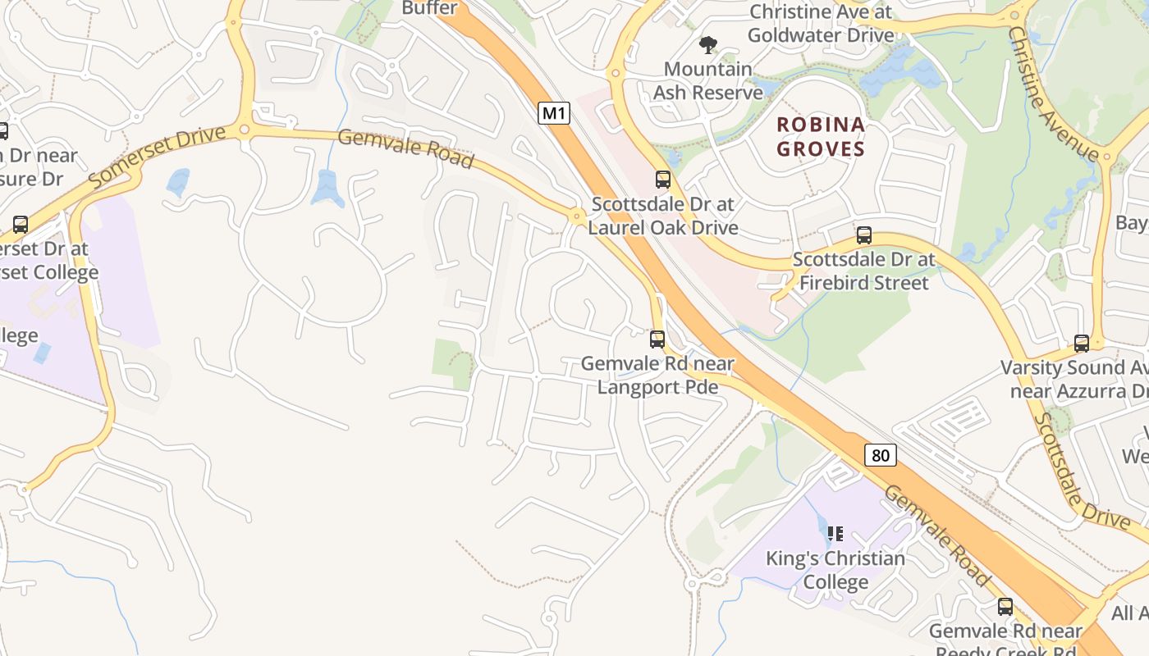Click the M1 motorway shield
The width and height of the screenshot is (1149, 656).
tap(554, 113)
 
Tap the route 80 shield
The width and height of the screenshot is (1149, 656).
tap(880, 454)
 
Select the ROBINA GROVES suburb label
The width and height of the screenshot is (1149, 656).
tap(821, 136)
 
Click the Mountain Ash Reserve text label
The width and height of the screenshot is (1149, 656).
tap(707, 80)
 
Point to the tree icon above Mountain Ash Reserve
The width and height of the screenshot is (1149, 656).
tap(707, 44)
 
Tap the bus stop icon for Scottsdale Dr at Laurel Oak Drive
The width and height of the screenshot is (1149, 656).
tap(662, 179)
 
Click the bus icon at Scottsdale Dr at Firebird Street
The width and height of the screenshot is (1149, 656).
tap(863, 235)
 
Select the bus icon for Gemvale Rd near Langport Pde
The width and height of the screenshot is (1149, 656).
tap(657, 339)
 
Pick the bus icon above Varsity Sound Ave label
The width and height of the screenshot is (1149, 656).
tap(1081, 344)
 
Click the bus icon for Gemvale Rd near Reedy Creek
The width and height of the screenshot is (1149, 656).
tap(1005, 607)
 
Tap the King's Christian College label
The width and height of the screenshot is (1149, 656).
tap(835, 570)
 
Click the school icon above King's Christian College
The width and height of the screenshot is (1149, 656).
tap(835, 534)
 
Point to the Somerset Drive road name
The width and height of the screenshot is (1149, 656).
tap(157, 156)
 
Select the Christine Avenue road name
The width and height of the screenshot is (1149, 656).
tap(1052, 93)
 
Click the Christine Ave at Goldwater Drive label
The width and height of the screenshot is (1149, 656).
tap(821, 23)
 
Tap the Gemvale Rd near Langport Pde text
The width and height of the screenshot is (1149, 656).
tap(657, 375)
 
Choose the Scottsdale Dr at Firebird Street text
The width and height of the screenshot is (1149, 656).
tap(863, 271)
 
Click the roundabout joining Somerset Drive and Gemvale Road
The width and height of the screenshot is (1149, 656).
tap(244, 130)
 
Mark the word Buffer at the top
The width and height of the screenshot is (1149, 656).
tap(429, 8)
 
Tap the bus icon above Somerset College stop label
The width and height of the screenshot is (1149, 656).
tap(21, 224)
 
